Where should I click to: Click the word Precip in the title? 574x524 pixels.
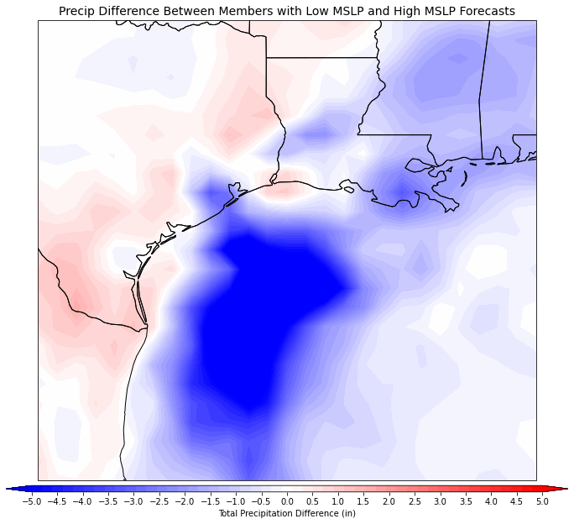coord(79,11)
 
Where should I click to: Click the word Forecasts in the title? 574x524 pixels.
coord(484,11)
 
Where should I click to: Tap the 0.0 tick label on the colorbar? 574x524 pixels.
coord(287,501)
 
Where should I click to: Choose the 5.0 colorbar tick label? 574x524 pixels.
coord(542,501)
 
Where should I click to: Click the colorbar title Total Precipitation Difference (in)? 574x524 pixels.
coord(287,513)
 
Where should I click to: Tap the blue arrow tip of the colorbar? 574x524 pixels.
coord(11,488)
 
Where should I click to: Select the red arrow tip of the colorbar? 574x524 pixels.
coord(563,488)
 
